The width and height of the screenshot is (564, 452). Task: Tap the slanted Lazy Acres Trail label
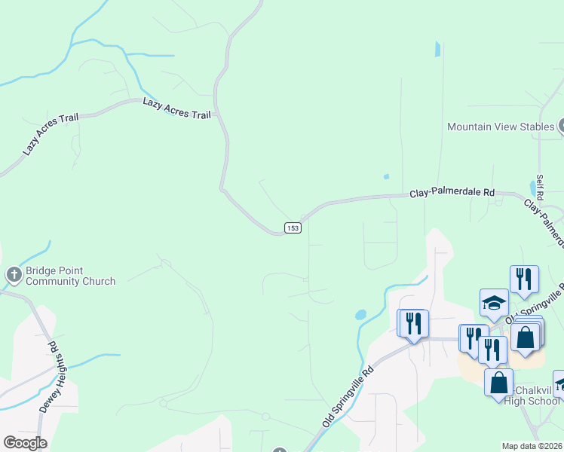tap(41, 136)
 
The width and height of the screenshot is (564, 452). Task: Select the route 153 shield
tap(293, 228)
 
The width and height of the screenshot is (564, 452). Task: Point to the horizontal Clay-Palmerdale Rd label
tap(452, 194)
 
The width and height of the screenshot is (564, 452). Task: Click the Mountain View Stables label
tap(501, 127)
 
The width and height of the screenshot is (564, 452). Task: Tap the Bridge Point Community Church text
tap(70, 276)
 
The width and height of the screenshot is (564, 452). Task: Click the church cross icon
tap(14, 276)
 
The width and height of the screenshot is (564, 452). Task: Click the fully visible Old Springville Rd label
tap(348, 397)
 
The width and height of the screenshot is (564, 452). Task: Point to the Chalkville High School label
tap(538, 395)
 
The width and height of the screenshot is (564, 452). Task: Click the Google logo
tap(25, 443)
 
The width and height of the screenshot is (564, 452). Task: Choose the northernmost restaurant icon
tap(524, 279)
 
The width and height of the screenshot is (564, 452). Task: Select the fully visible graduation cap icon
tap(494, 304)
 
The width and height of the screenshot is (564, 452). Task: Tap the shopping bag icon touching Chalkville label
tap(498, 383)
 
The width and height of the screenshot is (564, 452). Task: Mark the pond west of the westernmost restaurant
tap(360, 314)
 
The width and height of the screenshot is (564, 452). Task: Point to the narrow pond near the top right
tap(437, 49)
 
